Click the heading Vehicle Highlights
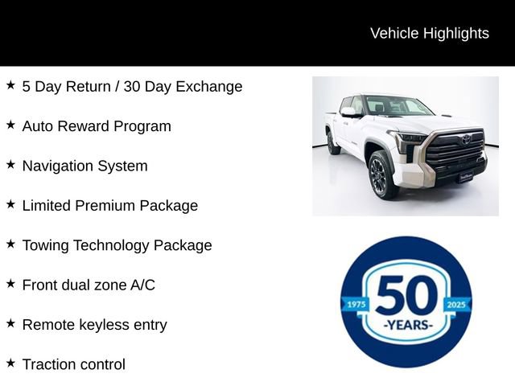pos(429,33)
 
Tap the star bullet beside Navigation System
pos(10,164)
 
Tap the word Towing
pos(45,245)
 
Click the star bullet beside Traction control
pos(10,363)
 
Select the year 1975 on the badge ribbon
pos(355,305)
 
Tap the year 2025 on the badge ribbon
pos(455,305)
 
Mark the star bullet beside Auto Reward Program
pos(10,125)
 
